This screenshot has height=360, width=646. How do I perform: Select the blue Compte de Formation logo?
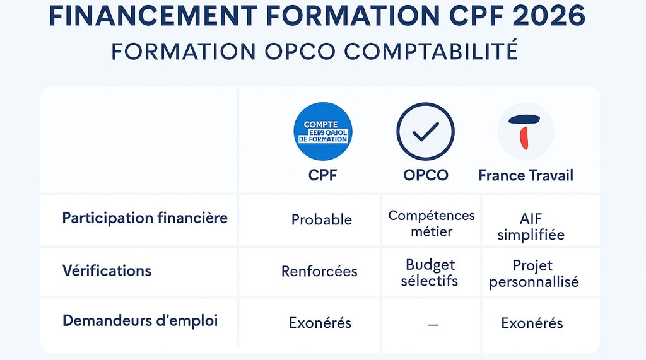point(323,131)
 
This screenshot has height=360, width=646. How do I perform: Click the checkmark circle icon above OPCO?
point(425,131)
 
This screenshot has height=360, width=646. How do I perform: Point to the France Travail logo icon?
point(526,131)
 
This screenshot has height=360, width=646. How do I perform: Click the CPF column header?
point(323,175)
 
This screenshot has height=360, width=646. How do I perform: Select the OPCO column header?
point(426,175)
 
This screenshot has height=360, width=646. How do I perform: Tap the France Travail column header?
point(526,175)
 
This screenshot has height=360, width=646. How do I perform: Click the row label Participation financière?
point(145,218)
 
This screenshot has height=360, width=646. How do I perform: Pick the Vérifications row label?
point(107,271)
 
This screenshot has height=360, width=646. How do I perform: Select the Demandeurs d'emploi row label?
point(140,320)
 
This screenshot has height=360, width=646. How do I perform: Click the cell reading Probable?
point(322,219)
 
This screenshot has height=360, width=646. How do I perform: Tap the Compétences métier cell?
point(432,223)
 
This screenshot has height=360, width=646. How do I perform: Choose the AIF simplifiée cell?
point(531,226)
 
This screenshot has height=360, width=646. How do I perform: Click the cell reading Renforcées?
point(319,272)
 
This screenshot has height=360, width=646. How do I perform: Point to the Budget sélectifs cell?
point(430,272)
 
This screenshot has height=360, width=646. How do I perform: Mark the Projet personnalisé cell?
point(534,273)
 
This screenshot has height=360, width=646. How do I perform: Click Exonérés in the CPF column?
point(320,323)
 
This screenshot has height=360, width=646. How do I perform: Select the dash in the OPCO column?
point(433,324)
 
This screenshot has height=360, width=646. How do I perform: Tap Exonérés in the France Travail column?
point(532,323)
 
